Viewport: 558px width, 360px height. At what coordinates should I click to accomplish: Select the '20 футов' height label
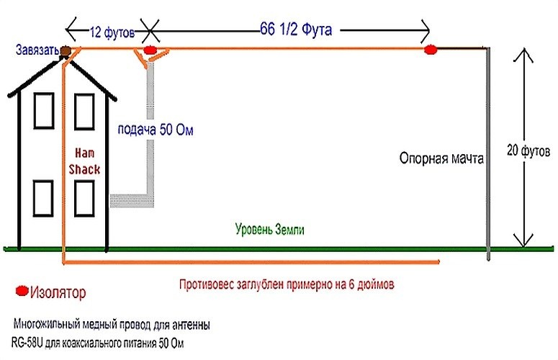(x=529, y=152)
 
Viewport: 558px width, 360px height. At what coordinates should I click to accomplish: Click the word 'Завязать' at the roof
(x=35, y=50)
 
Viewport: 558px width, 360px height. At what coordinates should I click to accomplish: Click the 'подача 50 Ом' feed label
(x=156, y=130)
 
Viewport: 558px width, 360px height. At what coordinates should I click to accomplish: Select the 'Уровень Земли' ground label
(x=270, y=230)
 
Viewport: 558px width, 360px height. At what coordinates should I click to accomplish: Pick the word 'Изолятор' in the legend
(x=58, y=293)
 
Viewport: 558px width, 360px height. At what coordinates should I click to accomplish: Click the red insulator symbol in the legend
(x=22, y=292)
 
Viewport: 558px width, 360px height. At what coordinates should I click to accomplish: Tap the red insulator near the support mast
(x=431, y=50)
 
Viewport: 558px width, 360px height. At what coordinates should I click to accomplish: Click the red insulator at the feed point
(x=149, y=50)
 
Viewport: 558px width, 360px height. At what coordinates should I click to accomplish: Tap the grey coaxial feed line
(x=150, y=130)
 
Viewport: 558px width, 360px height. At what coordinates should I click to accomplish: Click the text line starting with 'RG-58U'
(x=98, y=342)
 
